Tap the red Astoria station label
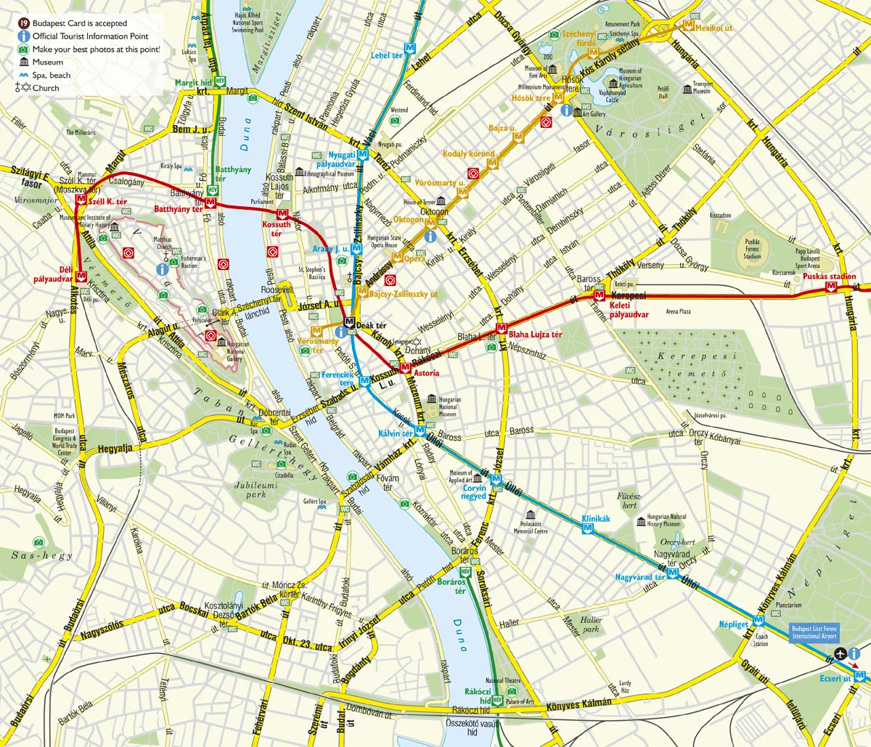pos(425,373)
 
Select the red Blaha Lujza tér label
pos(535,335)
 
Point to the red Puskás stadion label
pos(830,277)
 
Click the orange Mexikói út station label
pos(714,28)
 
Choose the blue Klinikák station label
pos(596,519)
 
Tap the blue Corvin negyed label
pos(474,492)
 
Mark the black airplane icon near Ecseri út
pos(841,653)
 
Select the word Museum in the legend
pos(47,62)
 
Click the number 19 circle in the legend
pos(23,23)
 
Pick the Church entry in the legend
pos(46,88)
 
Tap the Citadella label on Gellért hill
pos(284,475)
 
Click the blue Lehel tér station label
pos(386,55)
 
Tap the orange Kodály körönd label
pos(469,154)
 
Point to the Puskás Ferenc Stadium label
pos(752,250)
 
